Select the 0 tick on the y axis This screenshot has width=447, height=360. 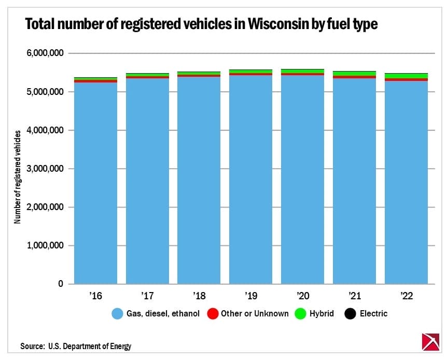61,284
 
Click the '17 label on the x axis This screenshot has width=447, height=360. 147,296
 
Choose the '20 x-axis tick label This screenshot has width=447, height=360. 302,296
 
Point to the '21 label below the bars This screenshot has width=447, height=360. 354,296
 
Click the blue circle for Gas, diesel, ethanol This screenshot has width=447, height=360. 118,314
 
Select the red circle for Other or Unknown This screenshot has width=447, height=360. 213,314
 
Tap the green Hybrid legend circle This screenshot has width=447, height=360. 300,314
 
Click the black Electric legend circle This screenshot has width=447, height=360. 351,314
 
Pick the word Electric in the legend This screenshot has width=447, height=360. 373,314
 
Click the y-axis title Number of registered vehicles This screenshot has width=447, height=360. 18,177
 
